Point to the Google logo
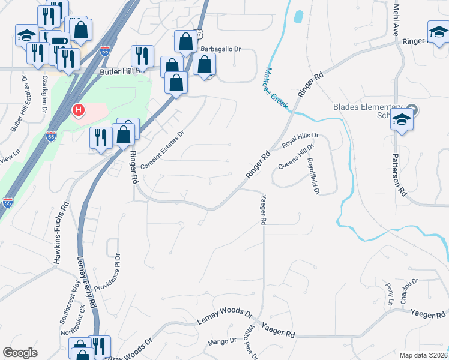tap(20, 353)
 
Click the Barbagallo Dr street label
tap(220, 49)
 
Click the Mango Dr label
tap(222, 341)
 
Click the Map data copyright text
tap(423, 355)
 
